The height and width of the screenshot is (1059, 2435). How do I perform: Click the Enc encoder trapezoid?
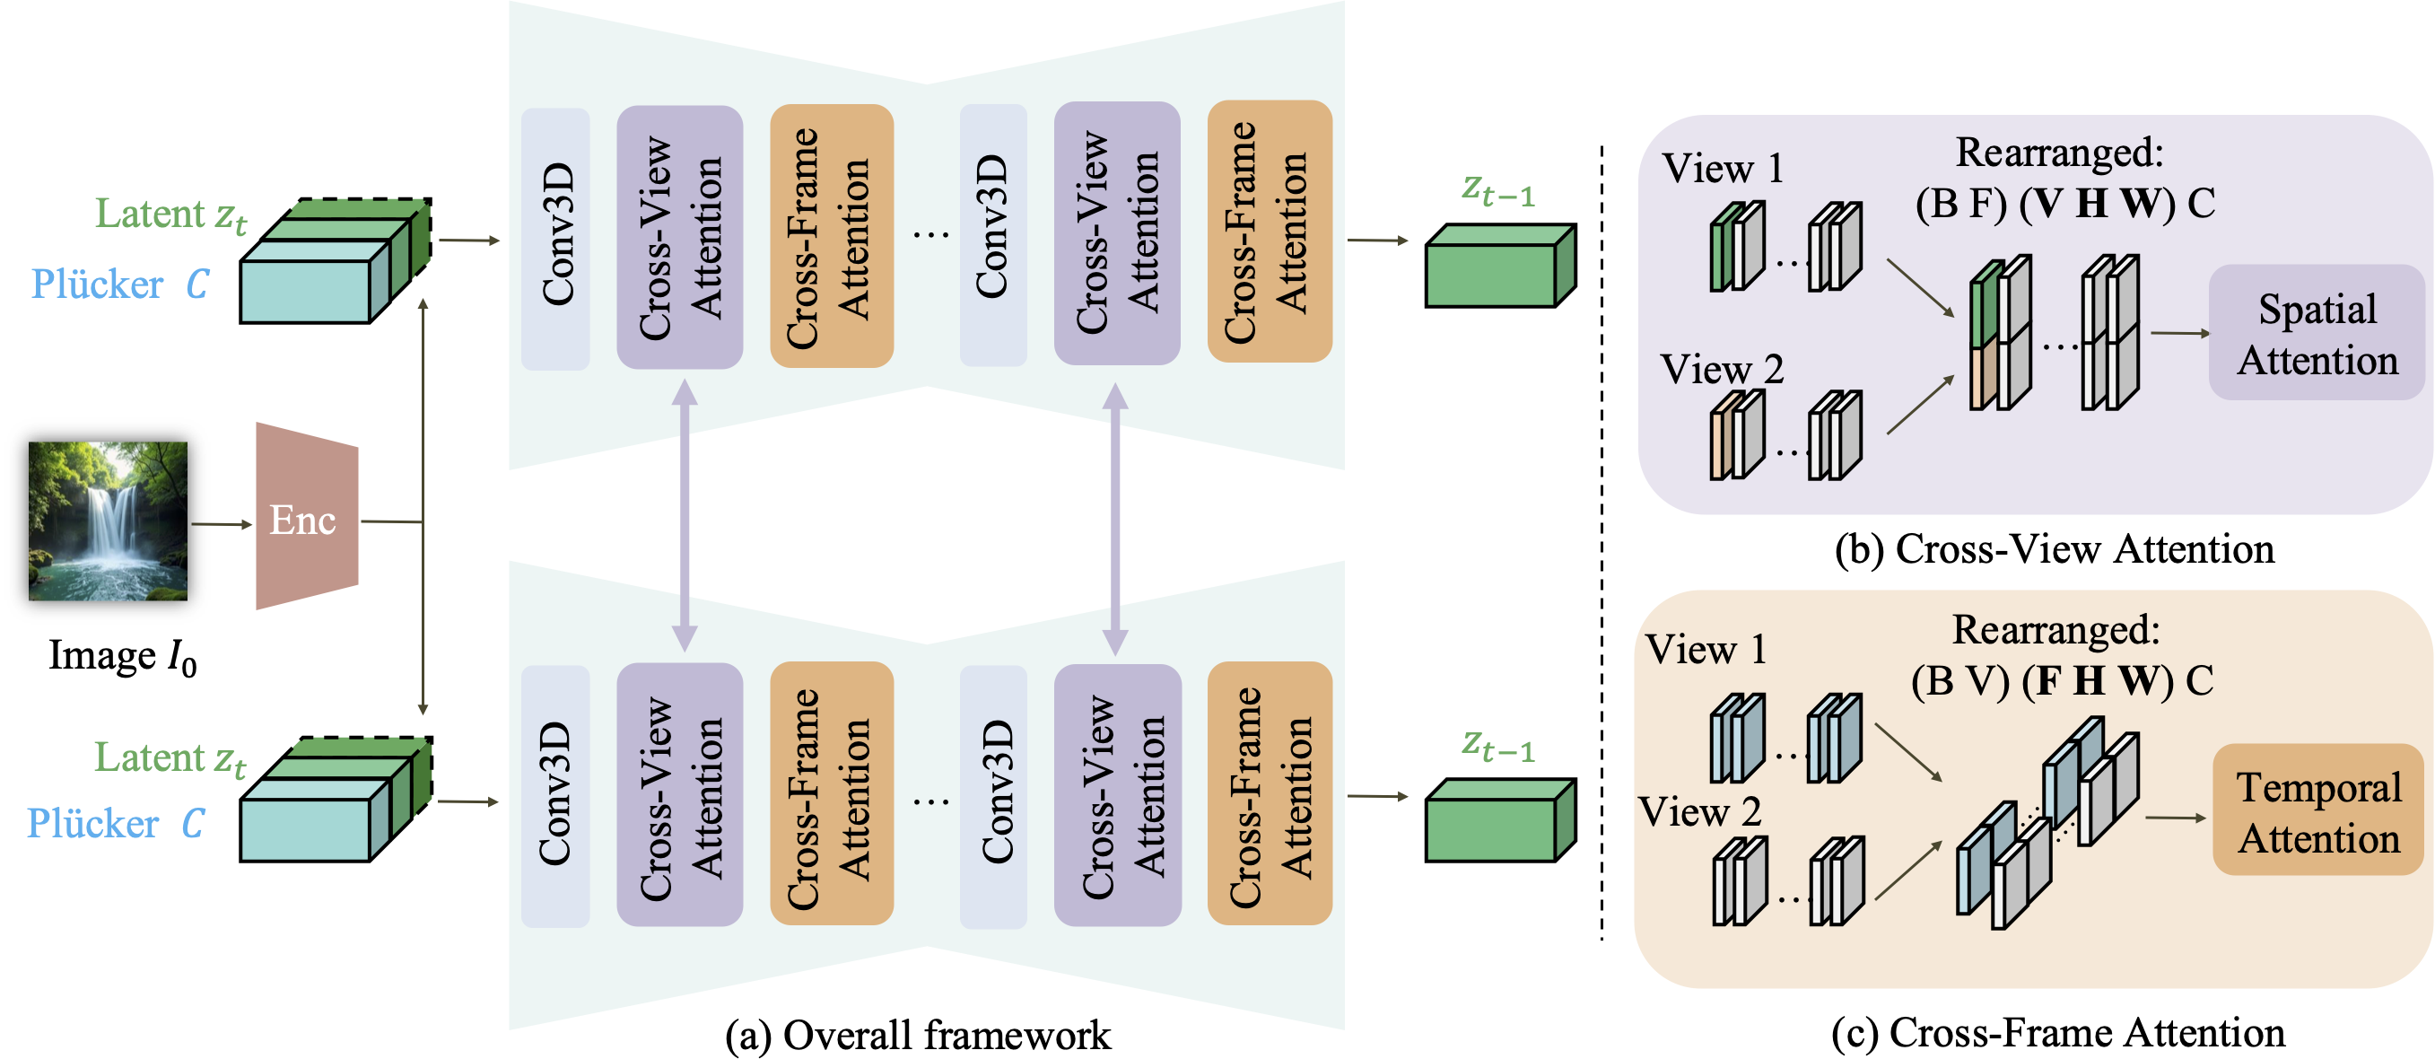(306, 518)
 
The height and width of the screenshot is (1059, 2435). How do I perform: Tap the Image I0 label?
(122, 656)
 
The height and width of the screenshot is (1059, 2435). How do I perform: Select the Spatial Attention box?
(2316, 333)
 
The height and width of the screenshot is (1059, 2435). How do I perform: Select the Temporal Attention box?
(2317, 810)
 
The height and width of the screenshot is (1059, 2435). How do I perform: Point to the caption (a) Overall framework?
(917, 1035)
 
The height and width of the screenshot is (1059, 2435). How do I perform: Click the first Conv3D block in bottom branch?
(556, 795)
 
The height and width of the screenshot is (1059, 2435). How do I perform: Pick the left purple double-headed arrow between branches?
(685, 515)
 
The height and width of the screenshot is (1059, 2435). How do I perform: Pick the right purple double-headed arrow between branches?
(1115, 518)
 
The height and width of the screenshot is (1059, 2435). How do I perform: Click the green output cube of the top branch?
(1498, 267)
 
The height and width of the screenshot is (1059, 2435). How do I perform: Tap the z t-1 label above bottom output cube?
(1497, 745)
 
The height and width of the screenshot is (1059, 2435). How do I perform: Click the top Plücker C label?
(119, 284)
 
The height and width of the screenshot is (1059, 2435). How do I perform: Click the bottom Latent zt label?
(170, 758)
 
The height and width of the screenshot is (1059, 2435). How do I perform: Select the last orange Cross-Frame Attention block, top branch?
(1269, 232)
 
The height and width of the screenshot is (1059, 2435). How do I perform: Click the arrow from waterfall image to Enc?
(222, 523)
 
